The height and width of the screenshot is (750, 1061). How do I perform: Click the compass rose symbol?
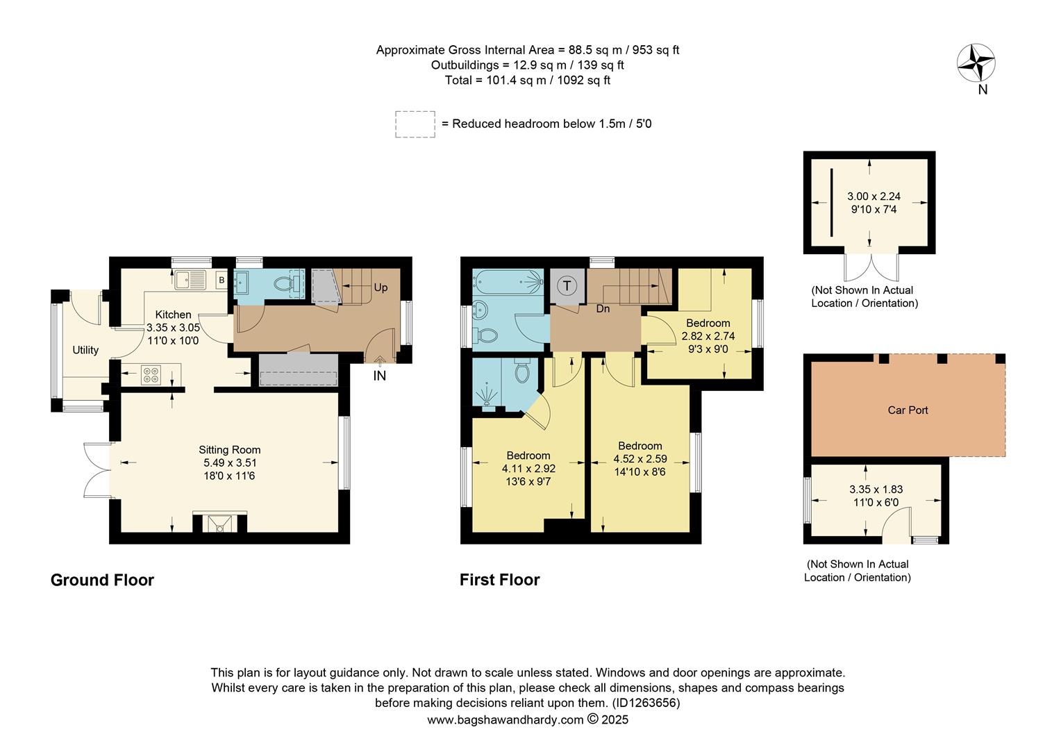[x=976, y=63]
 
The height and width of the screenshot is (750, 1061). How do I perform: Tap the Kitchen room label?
[x=173, y=315]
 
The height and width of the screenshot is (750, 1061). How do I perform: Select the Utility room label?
[x=85, y=350]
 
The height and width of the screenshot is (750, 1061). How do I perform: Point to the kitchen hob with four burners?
[x=151, y=375]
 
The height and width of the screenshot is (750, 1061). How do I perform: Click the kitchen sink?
[x=191, y=281]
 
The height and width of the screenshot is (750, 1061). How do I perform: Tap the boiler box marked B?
[x=222, y=281]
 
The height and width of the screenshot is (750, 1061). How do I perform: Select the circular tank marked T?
[x=567, y=285]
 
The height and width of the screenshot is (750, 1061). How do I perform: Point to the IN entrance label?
[x=379, y=376]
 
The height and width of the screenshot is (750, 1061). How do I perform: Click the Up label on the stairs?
[x=381, y=287]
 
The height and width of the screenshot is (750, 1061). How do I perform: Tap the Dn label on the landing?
[x=603, y=308]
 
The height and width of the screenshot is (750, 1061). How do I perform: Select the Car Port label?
[x=908, y=410]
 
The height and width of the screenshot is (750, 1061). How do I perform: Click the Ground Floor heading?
[x=102, y=580]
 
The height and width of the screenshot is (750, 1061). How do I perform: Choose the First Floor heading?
[x=499, y=580]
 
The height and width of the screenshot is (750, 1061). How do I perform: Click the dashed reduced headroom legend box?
[x=415, y=124]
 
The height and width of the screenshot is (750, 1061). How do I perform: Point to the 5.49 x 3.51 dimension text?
[x=230, y=463]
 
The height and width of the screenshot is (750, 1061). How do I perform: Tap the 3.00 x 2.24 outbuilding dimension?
[x=874, y=197]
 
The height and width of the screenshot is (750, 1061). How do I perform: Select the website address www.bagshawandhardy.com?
[x=505, y=719]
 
